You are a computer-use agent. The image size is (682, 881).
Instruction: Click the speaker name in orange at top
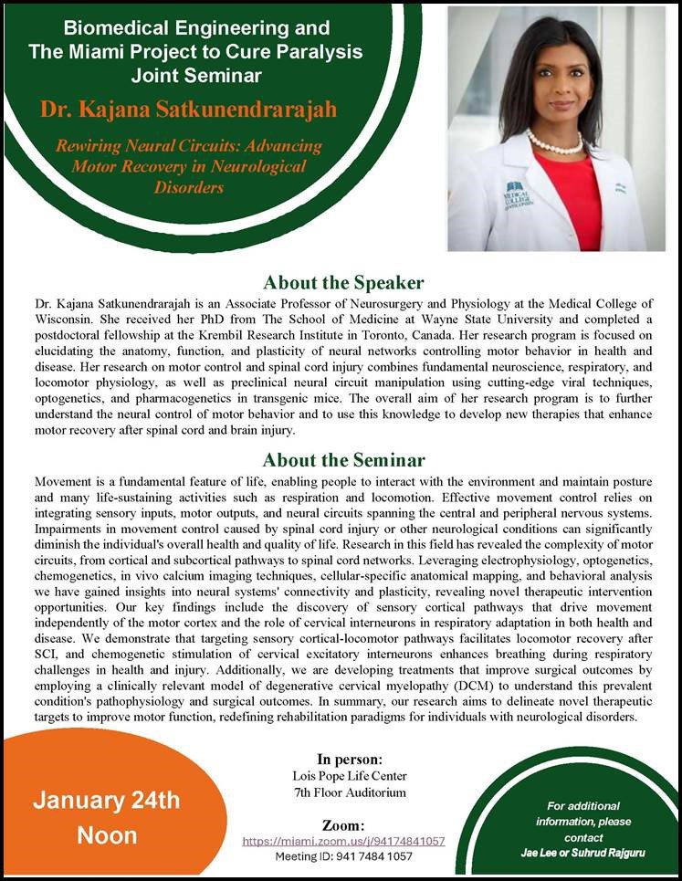click(x=189, y=110)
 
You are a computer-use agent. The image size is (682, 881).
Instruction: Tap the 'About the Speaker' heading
click(x=343, y=283)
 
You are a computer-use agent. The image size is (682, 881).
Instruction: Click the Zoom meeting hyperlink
click(x=343, y=840)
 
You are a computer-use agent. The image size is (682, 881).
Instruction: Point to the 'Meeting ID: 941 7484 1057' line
click(x=343, y=856)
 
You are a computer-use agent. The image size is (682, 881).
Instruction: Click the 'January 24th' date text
click(x=107, y=802)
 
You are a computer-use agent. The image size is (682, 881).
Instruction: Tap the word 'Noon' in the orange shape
click(x=107, y=834)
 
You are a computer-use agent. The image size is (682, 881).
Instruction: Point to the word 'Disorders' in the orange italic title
click(x=189, y=187)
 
